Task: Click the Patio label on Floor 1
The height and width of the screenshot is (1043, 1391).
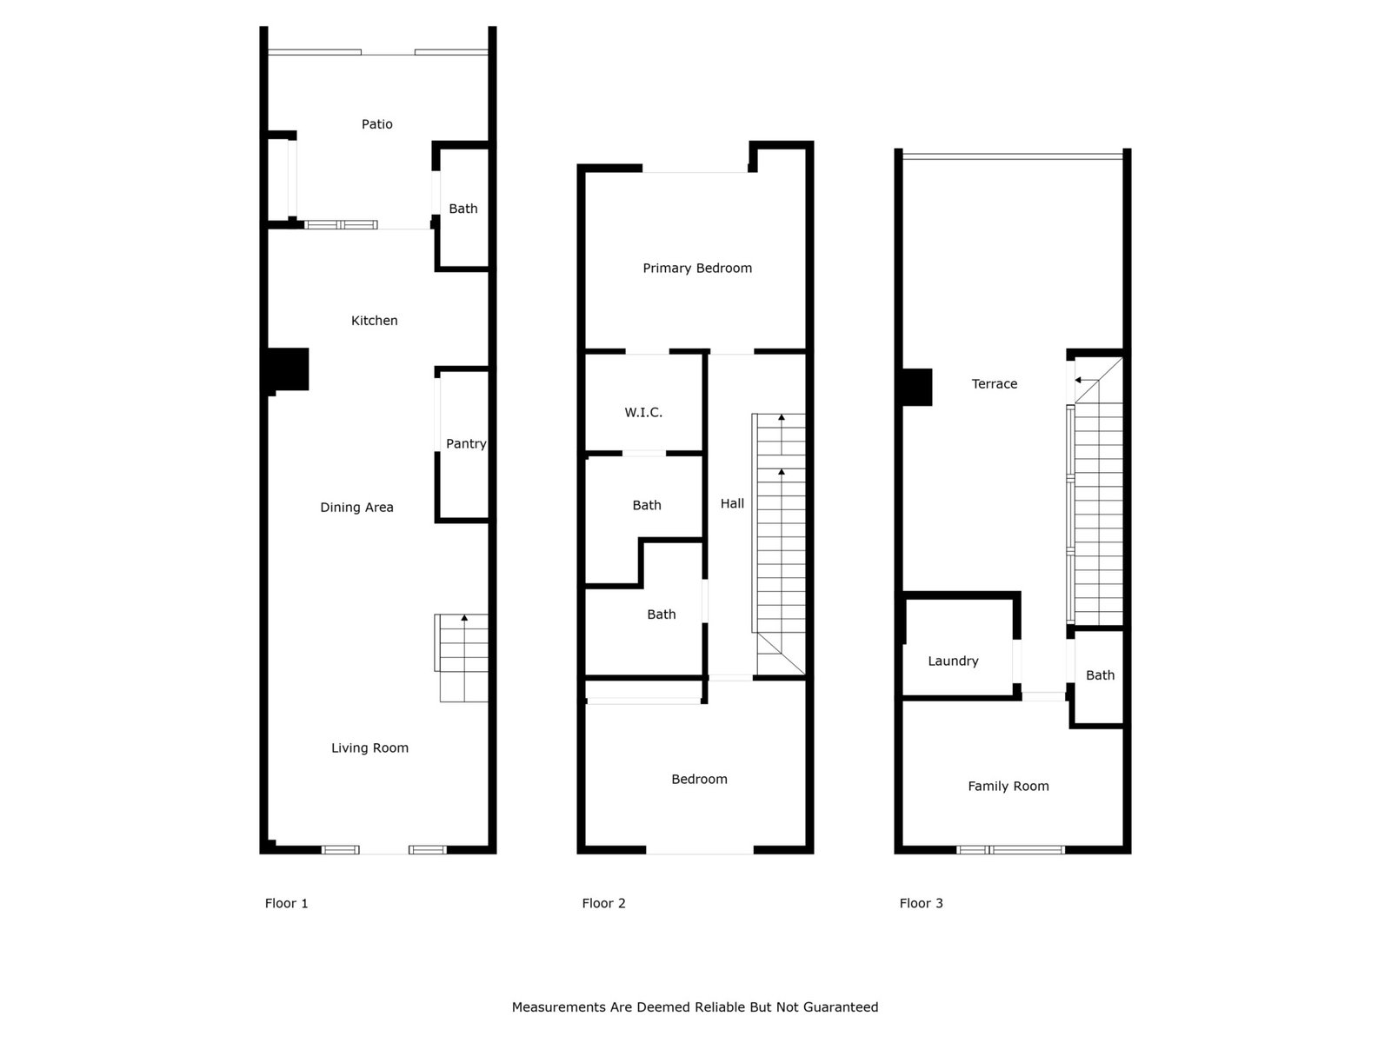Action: point(376,124)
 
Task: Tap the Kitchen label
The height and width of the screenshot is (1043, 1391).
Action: point(374,321)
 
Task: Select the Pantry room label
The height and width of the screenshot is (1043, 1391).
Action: point(466,444)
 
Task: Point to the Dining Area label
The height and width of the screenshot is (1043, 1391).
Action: point(356,508)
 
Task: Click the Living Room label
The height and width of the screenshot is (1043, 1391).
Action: point(369,747)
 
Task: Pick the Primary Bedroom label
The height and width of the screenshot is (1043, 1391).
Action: point(697,269)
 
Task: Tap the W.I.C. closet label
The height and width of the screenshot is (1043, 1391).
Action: point(643,412)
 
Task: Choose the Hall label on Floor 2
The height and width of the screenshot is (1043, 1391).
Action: point(732,503)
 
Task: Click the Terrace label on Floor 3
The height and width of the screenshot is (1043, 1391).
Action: point(994,384)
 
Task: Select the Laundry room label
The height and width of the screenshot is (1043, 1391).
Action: point(953,661)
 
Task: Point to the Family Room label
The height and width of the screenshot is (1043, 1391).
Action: point(1008,787)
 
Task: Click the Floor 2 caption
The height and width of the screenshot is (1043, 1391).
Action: point(603,903)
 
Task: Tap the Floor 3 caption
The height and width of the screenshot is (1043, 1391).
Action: point(921,903)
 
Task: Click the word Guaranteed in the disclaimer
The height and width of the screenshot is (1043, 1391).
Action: point(841,1006)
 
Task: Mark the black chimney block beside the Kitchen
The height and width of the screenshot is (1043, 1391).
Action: point(288,370)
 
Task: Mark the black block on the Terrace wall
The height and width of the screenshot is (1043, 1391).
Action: point(916,387)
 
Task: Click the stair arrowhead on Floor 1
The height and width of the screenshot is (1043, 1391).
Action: point(464,617)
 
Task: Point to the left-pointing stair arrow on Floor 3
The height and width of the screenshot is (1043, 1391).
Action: point(1087,380)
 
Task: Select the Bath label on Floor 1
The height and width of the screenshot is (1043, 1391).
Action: point(463,209)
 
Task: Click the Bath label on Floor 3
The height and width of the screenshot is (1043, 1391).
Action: point(1100,675)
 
